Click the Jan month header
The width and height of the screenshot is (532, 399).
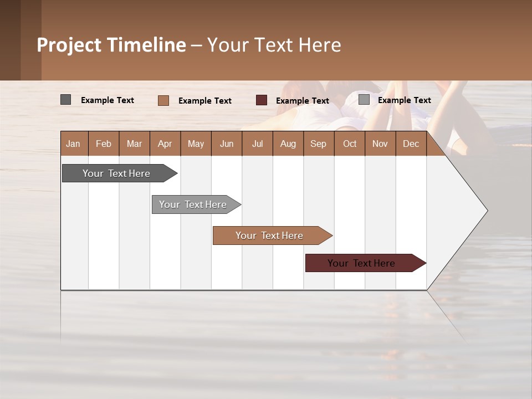coord(74,144)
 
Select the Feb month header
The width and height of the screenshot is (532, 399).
coord(104,144)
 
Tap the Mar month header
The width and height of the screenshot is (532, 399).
coord(134,144)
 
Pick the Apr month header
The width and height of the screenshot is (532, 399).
coord(165,144)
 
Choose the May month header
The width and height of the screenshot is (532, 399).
coord(196,144)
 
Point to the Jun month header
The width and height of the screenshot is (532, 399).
coord(227,144)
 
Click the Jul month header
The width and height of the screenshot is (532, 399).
coord(257,144)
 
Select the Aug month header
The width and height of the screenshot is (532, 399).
coord(288,144)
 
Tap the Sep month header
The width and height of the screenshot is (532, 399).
coord(319,144)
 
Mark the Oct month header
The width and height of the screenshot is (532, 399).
coord(350,144)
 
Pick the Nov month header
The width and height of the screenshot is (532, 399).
coord(380,144)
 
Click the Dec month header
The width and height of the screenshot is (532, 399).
coord(411,144)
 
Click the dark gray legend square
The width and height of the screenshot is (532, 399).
coord(66,100)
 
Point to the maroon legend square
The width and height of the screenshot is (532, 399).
coord(262,100)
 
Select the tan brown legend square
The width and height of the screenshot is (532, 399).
coord(163,100)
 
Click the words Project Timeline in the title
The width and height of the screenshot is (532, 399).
coord(111,45)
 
